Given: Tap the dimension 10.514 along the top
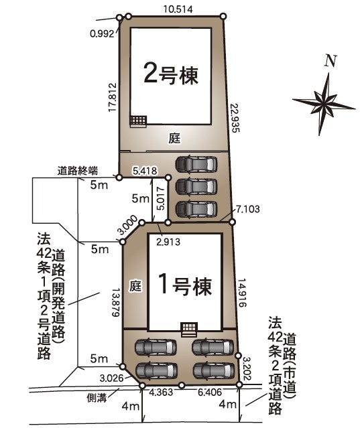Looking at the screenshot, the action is click(x=178, y=9).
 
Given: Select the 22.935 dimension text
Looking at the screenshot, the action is click(x=235, y=118).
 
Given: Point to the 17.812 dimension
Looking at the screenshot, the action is click(x=112, y=97).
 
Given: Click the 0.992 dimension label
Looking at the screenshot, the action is click(x=102, y=33).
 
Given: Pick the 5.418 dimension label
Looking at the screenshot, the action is click(x=145, y=171).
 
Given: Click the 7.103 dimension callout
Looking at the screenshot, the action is click(x=248, y=209).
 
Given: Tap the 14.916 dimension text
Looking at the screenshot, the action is click(x=242, y=293).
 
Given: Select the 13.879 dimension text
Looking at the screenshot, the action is click(x=116, y=303).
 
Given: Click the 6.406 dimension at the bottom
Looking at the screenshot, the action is click(x=210, y=392).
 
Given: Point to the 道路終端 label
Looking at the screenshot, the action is click(x=78, y=171).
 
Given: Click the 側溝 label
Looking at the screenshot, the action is click(x=97, y=398).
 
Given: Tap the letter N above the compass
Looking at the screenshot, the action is click(x=331, y=61).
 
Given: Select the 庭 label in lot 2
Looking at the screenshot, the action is click(x=174, y=139).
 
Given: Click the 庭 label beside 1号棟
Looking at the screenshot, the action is click(x=135, y=287).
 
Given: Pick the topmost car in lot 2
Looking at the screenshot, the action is click(x=196, y=164).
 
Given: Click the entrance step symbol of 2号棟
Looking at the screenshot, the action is click(x=138, y=121).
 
